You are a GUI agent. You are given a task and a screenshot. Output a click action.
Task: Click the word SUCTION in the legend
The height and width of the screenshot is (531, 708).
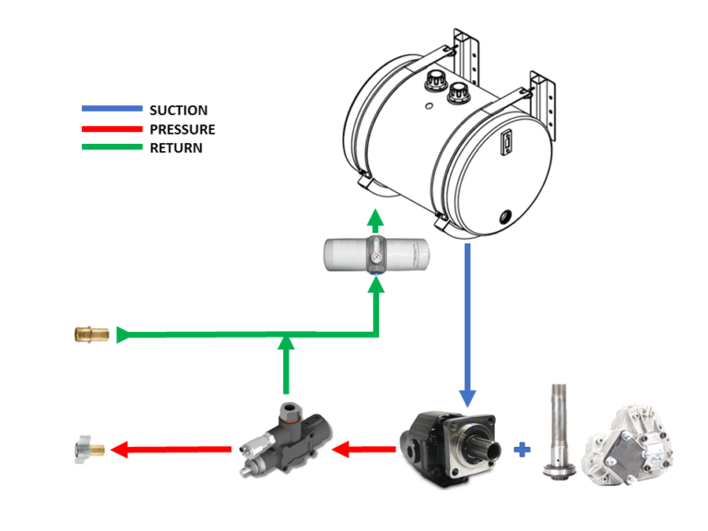[x=178, y=111]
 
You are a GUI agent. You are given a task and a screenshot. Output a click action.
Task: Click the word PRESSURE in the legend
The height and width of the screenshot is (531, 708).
[x=182, y=129]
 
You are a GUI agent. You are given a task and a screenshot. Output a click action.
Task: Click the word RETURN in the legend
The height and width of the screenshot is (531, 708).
[x=175, y=147]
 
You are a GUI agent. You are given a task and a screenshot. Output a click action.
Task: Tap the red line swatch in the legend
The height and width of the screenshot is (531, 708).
[x=112, y=129]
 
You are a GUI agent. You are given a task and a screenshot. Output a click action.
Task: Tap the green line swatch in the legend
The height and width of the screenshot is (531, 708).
[x=112, y=147]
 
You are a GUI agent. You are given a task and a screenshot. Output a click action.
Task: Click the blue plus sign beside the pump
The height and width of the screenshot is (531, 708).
[x=523, y=450]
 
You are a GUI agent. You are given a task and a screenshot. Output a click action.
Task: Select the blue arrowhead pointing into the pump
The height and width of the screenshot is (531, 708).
[x=467, y=395]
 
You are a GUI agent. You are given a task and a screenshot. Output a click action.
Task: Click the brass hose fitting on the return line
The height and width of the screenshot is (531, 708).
[x=90, y=333]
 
